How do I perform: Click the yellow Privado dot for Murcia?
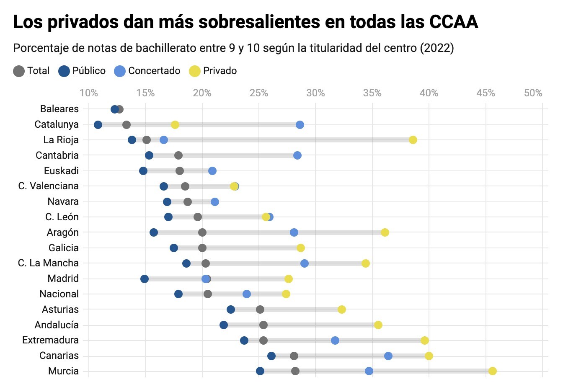(x=493, y=371)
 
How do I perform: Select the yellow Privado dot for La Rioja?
(x=413, y=140)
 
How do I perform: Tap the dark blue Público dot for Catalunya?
(x=98, y=125)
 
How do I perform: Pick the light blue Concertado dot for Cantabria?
(x=297, y=155)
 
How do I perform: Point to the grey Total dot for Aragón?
(x=202, y=232)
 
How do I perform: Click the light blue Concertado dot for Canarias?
(x=388, y=356)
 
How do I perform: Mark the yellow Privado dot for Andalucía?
(x=378, y=325)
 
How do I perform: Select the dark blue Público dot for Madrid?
(x=145, y=279)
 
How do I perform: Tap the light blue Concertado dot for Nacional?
(x=247, y=294)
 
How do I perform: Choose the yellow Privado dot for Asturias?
(x=342, y=309)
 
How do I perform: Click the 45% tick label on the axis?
(x=486, y=93)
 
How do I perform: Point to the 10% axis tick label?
(x=88, y=93)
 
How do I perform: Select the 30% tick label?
(x=315, y=93)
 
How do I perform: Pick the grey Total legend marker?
(x=19, y=71)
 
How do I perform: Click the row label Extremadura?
(x=50, y=340)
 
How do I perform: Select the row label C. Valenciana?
(x=48, y=186)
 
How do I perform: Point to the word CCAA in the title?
(x=454, y=22)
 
